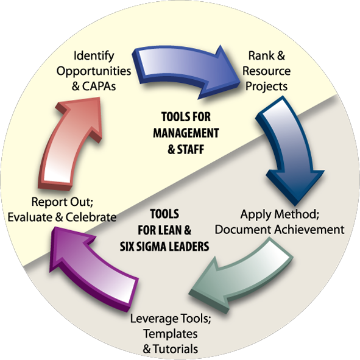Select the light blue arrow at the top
click(184, 69)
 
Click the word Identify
click(94, 56)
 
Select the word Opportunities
click(94, 71)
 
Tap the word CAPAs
click(99, 86)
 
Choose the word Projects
click(266, 86)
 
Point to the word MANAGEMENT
click(186, 133)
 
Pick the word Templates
click(171, 334)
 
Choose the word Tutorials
click(175, 349)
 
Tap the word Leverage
click(155, 319)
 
